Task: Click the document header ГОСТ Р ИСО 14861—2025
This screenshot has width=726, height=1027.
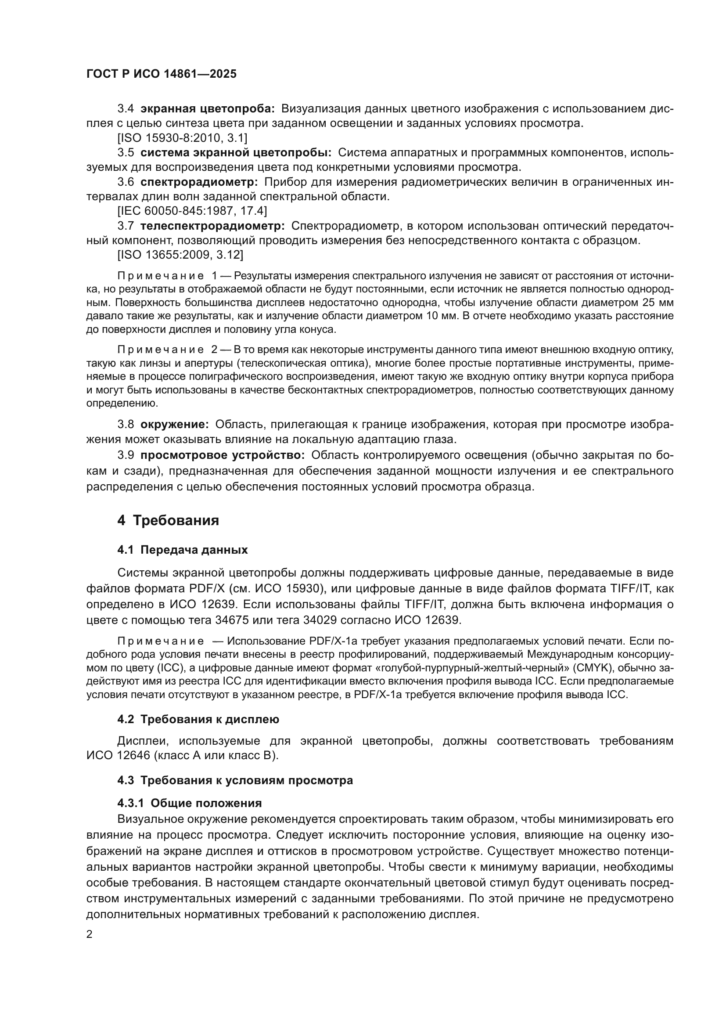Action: [162, 74]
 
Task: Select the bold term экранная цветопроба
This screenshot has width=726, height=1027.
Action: [208, 109]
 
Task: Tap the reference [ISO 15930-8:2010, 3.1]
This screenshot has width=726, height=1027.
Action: [183, 138]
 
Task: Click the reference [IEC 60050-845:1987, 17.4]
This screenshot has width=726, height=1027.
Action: [192, 211]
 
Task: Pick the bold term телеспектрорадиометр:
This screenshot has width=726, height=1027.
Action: [213, 226]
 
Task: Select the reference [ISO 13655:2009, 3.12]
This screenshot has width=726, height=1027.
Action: [180, 255]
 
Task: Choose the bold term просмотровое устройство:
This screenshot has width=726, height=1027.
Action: [223, 455]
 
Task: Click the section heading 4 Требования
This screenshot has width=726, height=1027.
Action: [168, 521]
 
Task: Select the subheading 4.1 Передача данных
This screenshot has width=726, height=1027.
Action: [183, 550]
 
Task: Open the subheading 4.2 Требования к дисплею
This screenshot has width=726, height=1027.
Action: [198, 719]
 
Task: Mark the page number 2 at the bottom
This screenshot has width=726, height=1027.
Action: [90, 934]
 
